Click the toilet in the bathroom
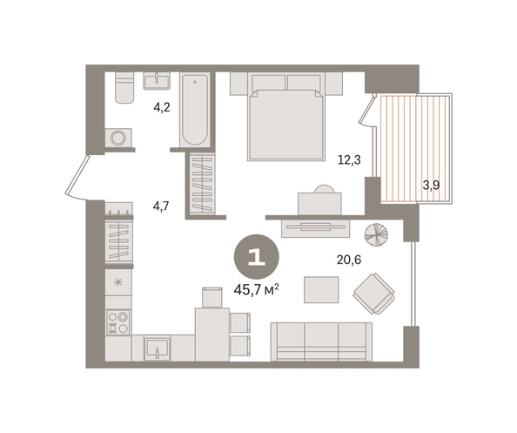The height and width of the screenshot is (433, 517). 124,87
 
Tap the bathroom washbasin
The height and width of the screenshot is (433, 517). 157,81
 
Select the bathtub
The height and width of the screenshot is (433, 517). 195,110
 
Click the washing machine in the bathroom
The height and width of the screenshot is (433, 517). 118,138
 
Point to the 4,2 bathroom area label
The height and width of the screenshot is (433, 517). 162,107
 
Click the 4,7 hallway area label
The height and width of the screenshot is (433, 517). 161,206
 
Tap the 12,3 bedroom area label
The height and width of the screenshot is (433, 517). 349,160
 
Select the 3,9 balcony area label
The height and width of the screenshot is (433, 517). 432,186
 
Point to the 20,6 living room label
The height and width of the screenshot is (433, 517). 349,260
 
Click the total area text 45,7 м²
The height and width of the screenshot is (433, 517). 257,290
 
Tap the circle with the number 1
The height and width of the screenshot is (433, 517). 257,257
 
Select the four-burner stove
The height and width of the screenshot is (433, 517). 118,322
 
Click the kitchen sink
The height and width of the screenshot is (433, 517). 158,348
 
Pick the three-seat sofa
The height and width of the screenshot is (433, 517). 321,342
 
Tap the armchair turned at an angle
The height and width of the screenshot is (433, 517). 374,294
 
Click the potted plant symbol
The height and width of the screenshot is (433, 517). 376,234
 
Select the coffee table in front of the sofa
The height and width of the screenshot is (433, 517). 321,289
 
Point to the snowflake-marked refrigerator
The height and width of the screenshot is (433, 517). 118,282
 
